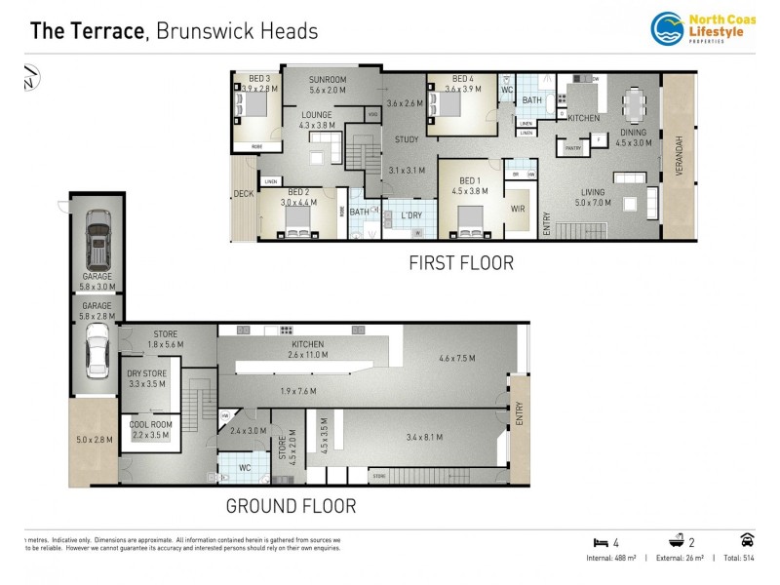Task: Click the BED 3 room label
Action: click(258, 79)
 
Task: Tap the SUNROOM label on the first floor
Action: click(328, 79)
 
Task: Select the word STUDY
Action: click(407, 139)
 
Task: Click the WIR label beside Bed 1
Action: click(518, 208)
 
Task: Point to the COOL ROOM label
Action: click(150, 424)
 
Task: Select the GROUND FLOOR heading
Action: click(291, 506)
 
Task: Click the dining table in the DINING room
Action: click(634, 102)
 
